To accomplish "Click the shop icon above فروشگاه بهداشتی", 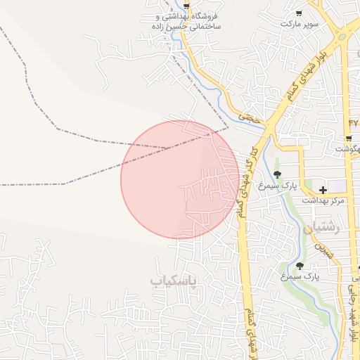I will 186,4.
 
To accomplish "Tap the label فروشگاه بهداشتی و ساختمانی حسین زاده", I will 186,20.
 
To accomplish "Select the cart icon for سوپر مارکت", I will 299,13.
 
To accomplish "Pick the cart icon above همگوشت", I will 349,139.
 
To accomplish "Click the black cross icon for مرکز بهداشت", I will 323,189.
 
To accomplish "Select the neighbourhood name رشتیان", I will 321,228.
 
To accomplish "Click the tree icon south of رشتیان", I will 300,266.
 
